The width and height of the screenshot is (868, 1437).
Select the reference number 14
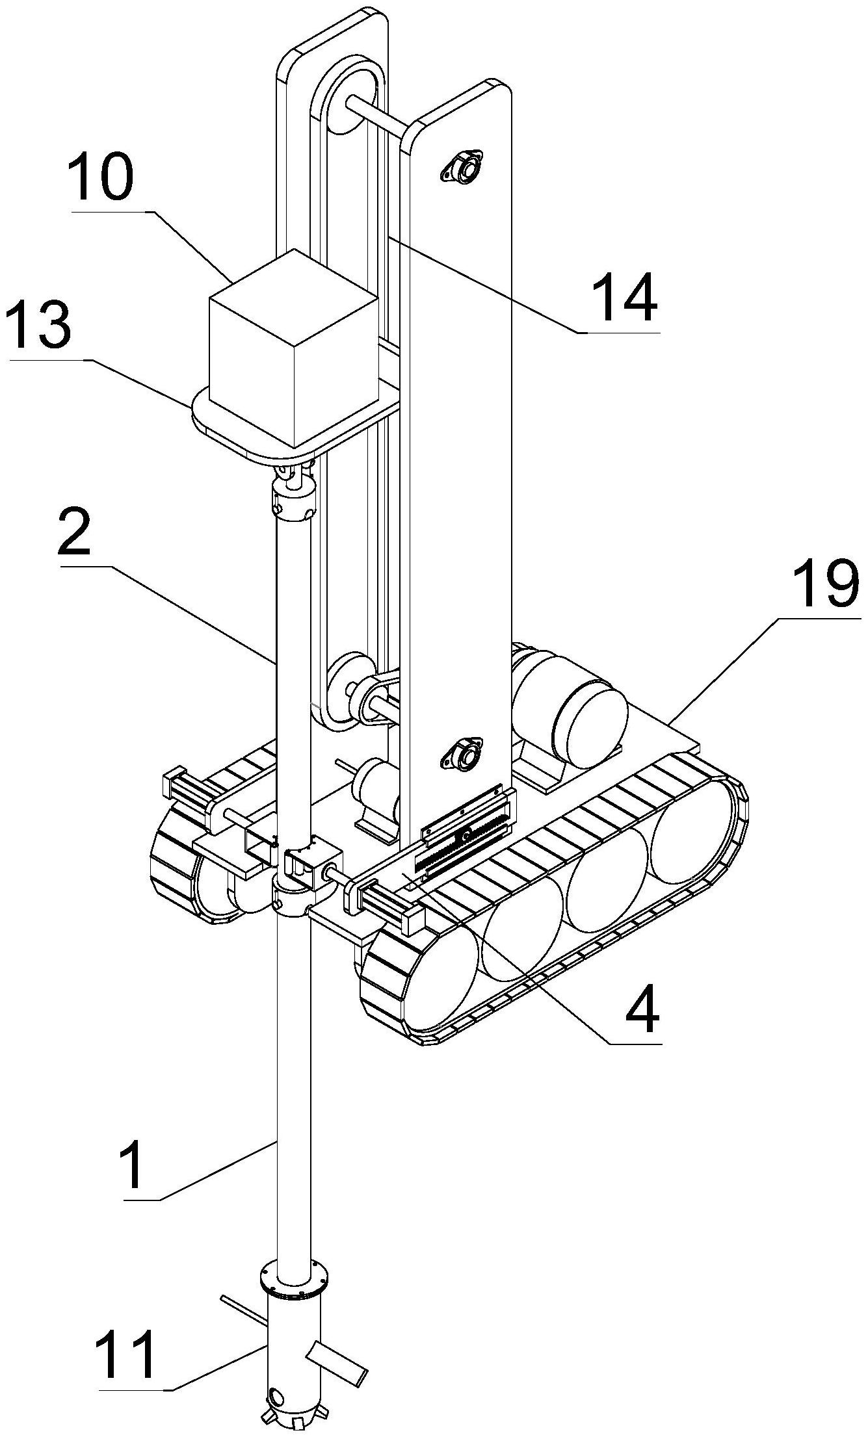(627, 296)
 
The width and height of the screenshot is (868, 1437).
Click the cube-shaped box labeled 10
(293, 351)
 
